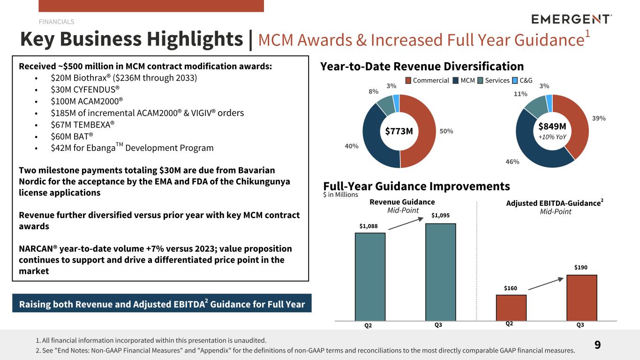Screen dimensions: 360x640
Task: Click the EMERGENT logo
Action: (x=572, y=19)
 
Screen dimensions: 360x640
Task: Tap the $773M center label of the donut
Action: (x=399, y=131)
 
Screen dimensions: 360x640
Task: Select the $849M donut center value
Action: (x=552, y=127)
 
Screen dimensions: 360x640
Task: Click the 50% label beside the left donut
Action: (x=446, y=131)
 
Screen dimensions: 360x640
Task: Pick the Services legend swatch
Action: (x=481, y=81)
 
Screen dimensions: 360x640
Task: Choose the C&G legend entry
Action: (x=526, y=81)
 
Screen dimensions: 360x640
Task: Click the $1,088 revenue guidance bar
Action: (x=370, y=277)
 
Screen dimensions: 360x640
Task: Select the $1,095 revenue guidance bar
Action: (x=440, y=272)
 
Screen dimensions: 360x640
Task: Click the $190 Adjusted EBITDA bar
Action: (x=581, y=297)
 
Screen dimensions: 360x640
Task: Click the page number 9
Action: (x=597, y=345)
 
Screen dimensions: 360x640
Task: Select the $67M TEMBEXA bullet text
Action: (x=83, y=125)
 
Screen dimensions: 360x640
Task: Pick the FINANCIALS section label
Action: (x=56, y=22)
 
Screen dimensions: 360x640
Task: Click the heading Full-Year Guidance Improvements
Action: (x=416, y=186)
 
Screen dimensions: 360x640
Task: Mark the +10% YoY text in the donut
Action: (x=552, y=137)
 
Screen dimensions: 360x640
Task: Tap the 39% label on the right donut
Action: (x=599, y=119)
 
